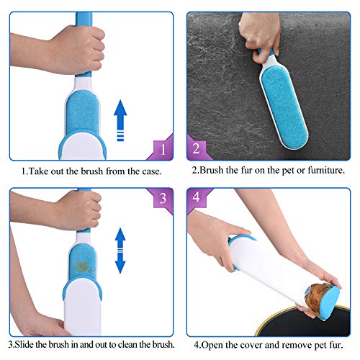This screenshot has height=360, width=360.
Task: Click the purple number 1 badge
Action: [163, 149]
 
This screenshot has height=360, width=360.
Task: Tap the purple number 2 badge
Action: [197, 148]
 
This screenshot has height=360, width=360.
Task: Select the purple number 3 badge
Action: [163, 199]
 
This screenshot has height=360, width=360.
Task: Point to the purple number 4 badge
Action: [197, 197]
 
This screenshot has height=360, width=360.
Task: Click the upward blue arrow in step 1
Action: [120, 120]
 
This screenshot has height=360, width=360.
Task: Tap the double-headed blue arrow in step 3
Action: [120, 251]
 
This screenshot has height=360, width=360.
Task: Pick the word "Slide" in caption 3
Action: [24, 344]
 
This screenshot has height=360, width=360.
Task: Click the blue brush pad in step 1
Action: [82, 113]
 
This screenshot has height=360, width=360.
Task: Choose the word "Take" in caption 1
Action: [40, 171]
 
